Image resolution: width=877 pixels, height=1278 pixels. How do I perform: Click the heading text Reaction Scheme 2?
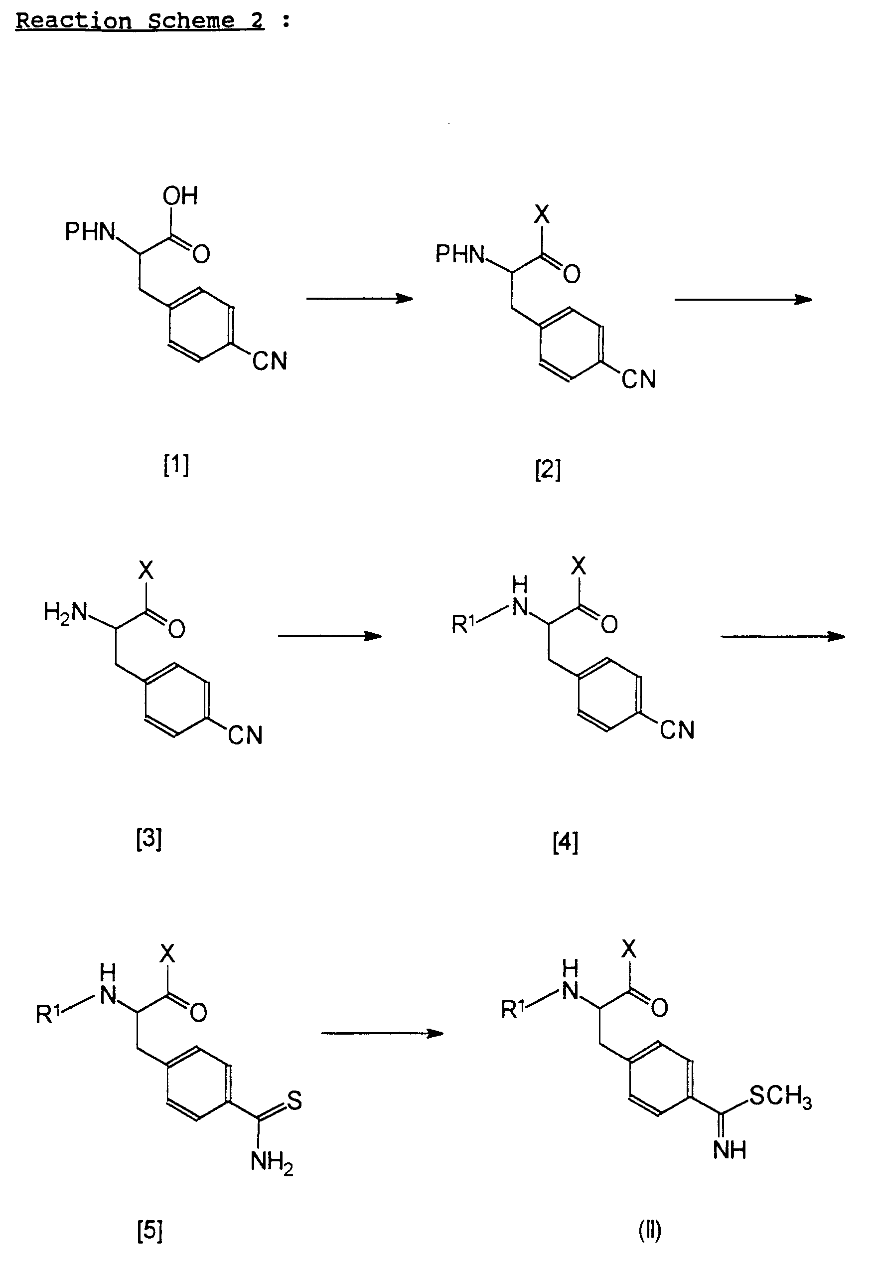[140, 21]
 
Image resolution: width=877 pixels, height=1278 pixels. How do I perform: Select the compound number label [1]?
[176, 465]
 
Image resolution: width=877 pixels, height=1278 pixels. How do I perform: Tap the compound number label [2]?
[548, 470]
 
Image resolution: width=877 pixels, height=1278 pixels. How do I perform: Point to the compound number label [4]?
[566, 842]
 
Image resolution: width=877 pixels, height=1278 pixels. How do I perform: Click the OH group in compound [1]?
[180, 196]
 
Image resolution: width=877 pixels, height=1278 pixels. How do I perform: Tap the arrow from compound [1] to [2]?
[359, 299]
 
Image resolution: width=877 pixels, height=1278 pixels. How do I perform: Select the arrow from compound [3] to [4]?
[330, 636]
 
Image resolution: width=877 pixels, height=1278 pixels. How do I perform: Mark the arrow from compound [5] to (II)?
[382, 1033]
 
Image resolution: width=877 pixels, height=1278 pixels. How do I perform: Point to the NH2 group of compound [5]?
[272, 1162]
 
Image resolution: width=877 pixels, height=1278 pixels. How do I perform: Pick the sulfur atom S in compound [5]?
[294, 1100]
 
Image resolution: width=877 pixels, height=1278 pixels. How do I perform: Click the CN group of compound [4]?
[677, 730]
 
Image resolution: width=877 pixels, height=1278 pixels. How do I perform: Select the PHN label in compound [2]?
[460, 254]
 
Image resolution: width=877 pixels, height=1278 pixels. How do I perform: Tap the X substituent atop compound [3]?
[146, 570]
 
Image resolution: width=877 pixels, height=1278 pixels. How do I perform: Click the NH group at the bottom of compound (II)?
[730, 1149]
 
